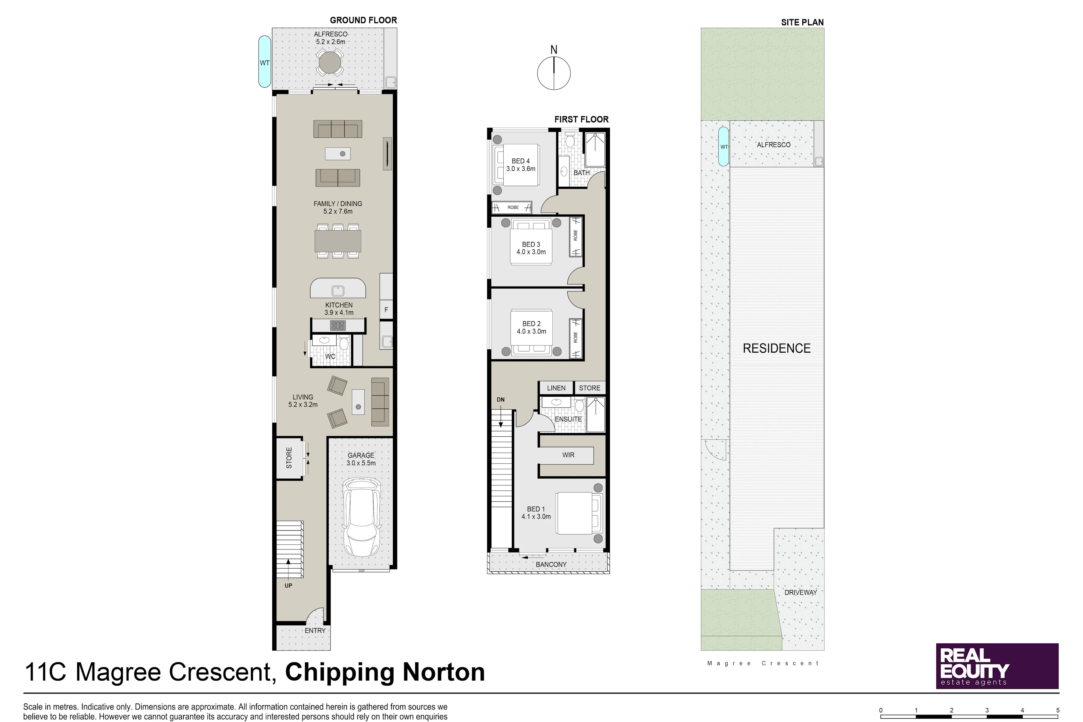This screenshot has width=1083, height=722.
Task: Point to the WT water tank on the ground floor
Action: [x=264, y=62]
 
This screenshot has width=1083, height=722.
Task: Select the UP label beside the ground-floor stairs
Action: [x=288, y=586]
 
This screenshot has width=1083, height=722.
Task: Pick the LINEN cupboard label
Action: [x=556, y=388]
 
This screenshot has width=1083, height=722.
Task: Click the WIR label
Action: [x=568, y=455]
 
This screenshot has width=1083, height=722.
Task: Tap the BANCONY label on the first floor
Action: [x=551, y=564]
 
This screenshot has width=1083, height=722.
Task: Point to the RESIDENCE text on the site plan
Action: [x=777, y=349]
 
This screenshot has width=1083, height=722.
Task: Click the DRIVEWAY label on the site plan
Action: [x=801, y=593]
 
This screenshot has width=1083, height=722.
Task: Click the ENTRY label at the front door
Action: [x=315, y=631]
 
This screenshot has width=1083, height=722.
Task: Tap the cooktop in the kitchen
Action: [x=338, y=326]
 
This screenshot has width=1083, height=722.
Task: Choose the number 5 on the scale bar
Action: [x=1058, y=711]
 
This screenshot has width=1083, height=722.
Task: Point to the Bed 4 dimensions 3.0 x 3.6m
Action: [x=521, y=169]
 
